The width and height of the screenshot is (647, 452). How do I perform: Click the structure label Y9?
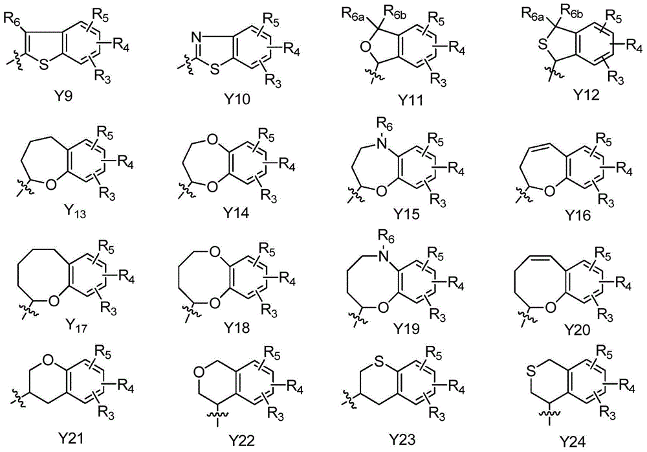click(63, 98)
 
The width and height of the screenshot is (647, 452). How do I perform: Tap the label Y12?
click(586, 95)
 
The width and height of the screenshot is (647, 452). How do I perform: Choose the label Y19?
click(407, 328)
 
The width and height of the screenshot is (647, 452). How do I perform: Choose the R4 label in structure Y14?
click(288, 165)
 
